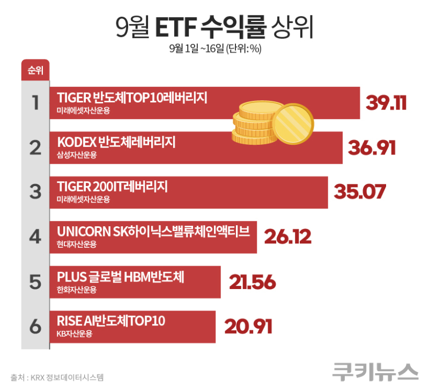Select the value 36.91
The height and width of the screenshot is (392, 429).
coord(372,147)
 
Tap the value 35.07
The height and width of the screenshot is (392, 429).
coord(359,192)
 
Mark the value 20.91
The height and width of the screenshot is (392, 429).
coord(248,326)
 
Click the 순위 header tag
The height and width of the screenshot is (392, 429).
coord(35,70)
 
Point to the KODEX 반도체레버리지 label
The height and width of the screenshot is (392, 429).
coord(116,143)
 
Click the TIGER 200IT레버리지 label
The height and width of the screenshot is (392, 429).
coord(112,187)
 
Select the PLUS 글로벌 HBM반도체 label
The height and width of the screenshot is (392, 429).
coord(120,277)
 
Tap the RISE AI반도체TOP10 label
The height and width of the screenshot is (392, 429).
coord(111,321)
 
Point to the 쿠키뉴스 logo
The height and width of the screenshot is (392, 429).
coord(375,372)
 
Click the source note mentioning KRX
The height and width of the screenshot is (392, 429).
coord(57,378)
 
